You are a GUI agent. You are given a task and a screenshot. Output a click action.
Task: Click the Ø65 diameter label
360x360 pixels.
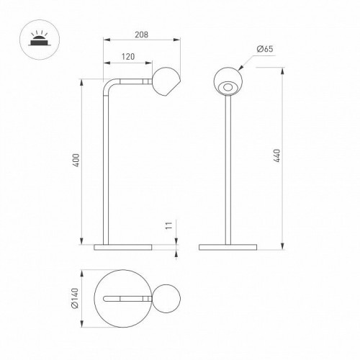pos(264,50)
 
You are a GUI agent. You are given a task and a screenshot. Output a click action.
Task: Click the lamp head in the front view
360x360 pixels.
pos(228,84)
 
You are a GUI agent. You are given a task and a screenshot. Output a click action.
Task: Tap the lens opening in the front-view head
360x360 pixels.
pos(228,89)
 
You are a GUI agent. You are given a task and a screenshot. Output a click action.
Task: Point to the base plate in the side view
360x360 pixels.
pos(124,247)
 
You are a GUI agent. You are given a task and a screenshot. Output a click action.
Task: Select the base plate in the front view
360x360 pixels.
pos(228,247)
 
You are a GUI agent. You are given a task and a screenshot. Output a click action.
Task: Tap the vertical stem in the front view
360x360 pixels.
pos(228,173)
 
